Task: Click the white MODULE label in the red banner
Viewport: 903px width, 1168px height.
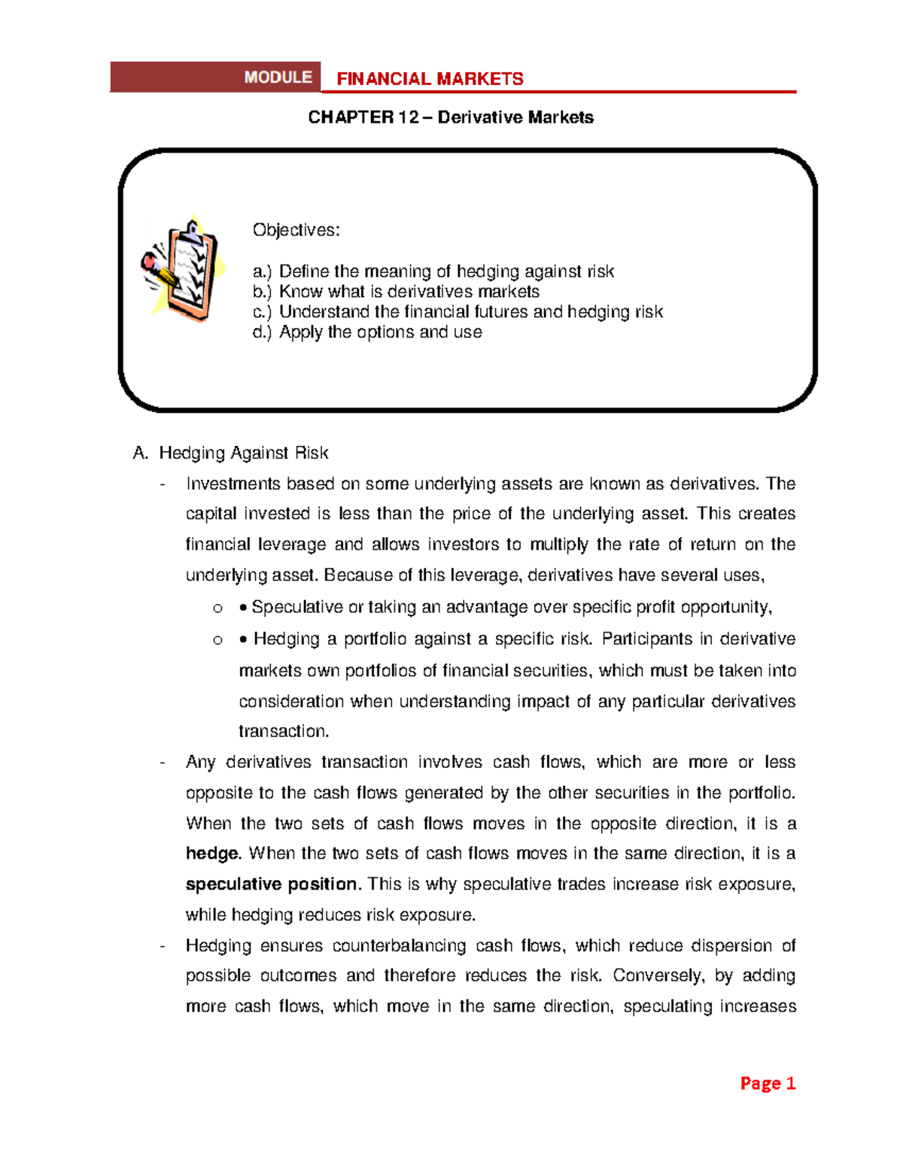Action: (278, 77)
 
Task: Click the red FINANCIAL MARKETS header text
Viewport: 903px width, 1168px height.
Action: (430, 79)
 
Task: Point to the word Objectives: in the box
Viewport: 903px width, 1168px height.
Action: (296, 230)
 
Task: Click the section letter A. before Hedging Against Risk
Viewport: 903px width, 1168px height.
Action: (140, 453)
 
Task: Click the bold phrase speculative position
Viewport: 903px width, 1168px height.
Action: (272, 884)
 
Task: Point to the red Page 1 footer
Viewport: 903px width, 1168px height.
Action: (768, 1083)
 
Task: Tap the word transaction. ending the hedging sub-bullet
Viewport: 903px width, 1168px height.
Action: (284, 731)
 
